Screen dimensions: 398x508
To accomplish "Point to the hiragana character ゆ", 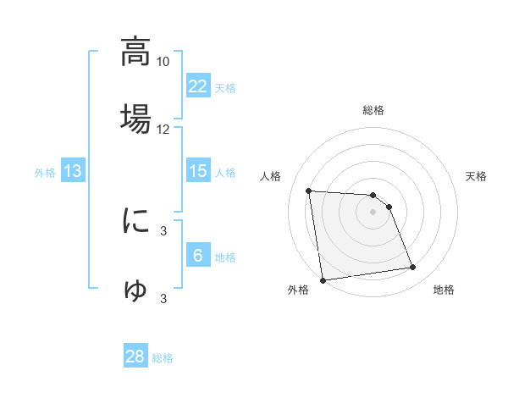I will pyautogui.click(x=136, y=290).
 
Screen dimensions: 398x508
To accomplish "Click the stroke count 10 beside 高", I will pyautogui.click(x=163, y=62).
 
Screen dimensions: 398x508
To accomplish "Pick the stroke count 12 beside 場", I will pyautogui.click(x=163, y=130).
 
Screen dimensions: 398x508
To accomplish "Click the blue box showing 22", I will pyautogui.click(x=198, y=86).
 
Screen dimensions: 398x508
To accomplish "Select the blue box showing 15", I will pyautogui.click(x=198, y=171).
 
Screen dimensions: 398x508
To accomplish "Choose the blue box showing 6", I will pyautogui.click(x=198, y=256).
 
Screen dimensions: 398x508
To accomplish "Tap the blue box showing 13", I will pyautogui.click(x=73, y=171).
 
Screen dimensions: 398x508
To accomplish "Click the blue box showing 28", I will pyautogui.click(x=135, y=357).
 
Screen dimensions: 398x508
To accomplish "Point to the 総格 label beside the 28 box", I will pyautogui.click(x=163, y=358).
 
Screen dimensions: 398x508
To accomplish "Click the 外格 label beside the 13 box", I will pyautogui.click(x=45, y=173).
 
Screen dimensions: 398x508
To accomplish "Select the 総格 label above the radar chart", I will pyautogui.click(x=373, y=111).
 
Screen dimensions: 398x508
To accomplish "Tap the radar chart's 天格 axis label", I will pyautogui.click(x=477, y=176).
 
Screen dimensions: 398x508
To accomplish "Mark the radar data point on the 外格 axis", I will pyautogui.click(x=323, y=280).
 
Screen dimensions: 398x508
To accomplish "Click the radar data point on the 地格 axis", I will pyautogui.click(x=413, y=268).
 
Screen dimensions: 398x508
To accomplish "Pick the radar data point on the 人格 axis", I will pyautogui.click(x=309, y=191).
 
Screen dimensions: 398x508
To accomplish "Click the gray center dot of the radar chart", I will pyautogui.click(x=373, y=212).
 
